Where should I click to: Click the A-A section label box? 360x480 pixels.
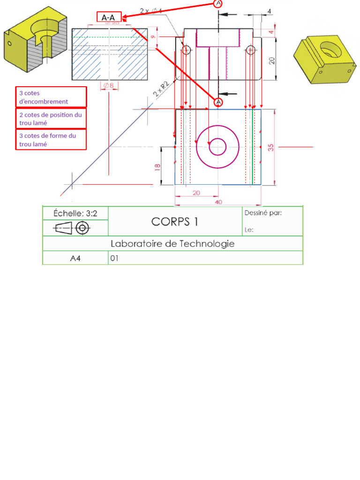point(109,17)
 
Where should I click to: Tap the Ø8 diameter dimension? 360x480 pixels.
point(108,85)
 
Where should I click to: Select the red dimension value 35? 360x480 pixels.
point(271,147)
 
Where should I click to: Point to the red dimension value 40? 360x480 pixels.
point(218,202)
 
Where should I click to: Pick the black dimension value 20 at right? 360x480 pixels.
point(272,60)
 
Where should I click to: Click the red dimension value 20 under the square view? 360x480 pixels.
point(196,193)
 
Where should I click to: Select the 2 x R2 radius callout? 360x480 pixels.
point(160,90)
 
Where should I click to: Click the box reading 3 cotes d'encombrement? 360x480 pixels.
point(51,97)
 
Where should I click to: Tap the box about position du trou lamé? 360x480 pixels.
point(51,118)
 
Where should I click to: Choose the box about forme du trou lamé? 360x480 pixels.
point(51,140)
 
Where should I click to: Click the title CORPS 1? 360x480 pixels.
point(174,222)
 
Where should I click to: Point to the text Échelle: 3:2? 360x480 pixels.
point(75,213)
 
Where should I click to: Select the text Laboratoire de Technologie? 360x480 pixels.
point(172,244)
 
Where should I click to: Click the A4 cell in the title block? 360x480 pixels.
point(75,258)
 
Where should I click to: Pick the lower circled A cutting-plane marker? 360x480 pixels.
point(218,102)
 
